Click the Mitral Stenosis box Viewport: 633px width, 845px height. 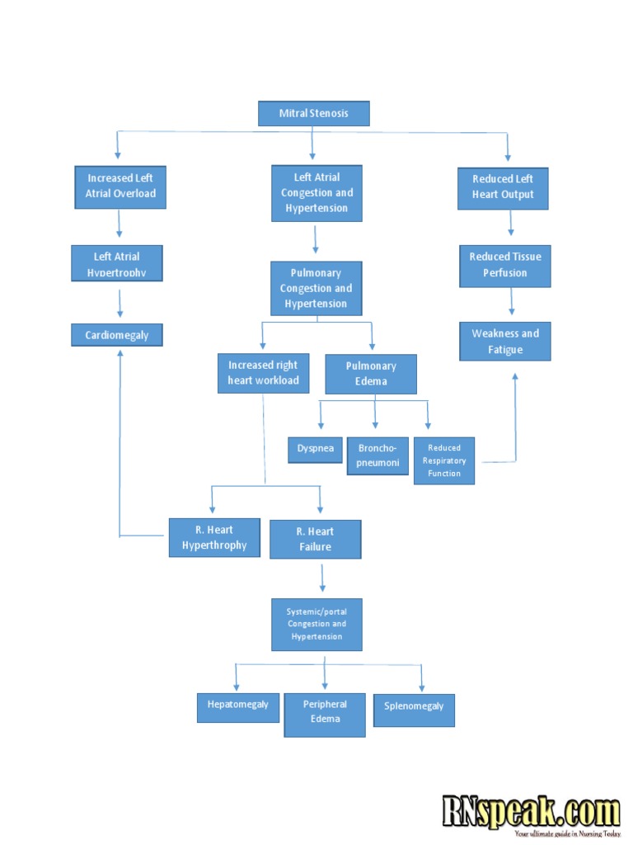[x=313, y=113]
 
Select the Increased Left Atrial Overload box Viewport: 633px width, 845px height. [x=120, y=186]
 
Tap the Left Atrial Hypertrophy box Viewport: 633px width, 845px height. [x=116, y=263]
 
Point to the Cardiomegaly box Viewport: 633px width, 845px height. [x=116, y=335]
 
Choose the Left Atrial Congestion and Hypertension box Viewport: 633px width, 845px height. [x=316, y=193]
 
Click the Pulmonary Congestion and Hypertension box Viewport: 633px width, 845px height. [x=316, y=288]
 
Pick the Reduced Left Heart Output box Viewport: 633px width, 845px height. [x=503, y=187]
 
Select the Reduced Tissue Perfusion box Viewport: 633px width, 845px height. [x=505, y=265]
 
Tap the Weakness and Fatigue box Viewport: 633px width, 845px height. [x=504, y=342]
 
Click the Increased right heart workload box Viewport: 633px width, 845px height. [x=263, y=373]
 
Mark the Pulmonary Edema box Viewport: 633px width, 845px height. [x=371, y=374]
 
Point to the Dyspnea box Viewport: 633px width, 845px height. [x=315, y=449]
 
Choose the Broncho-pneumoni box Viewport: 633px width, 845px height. [x=377, y=456]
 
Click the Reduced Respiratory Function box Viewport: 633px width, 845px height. [x=444, y=460]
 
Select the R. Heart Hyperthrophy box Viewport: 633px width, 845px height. [x=214, y=538]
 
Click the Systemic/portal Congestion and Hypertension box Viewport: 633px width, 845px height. [x=316, y=625]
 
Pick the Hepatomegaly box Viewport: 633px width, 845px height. [x=237, y=707]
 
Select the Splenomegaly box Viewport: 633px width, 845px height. [x=414, y=709]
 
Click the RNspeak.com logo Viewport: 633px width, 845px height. [x=531, y=813]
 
